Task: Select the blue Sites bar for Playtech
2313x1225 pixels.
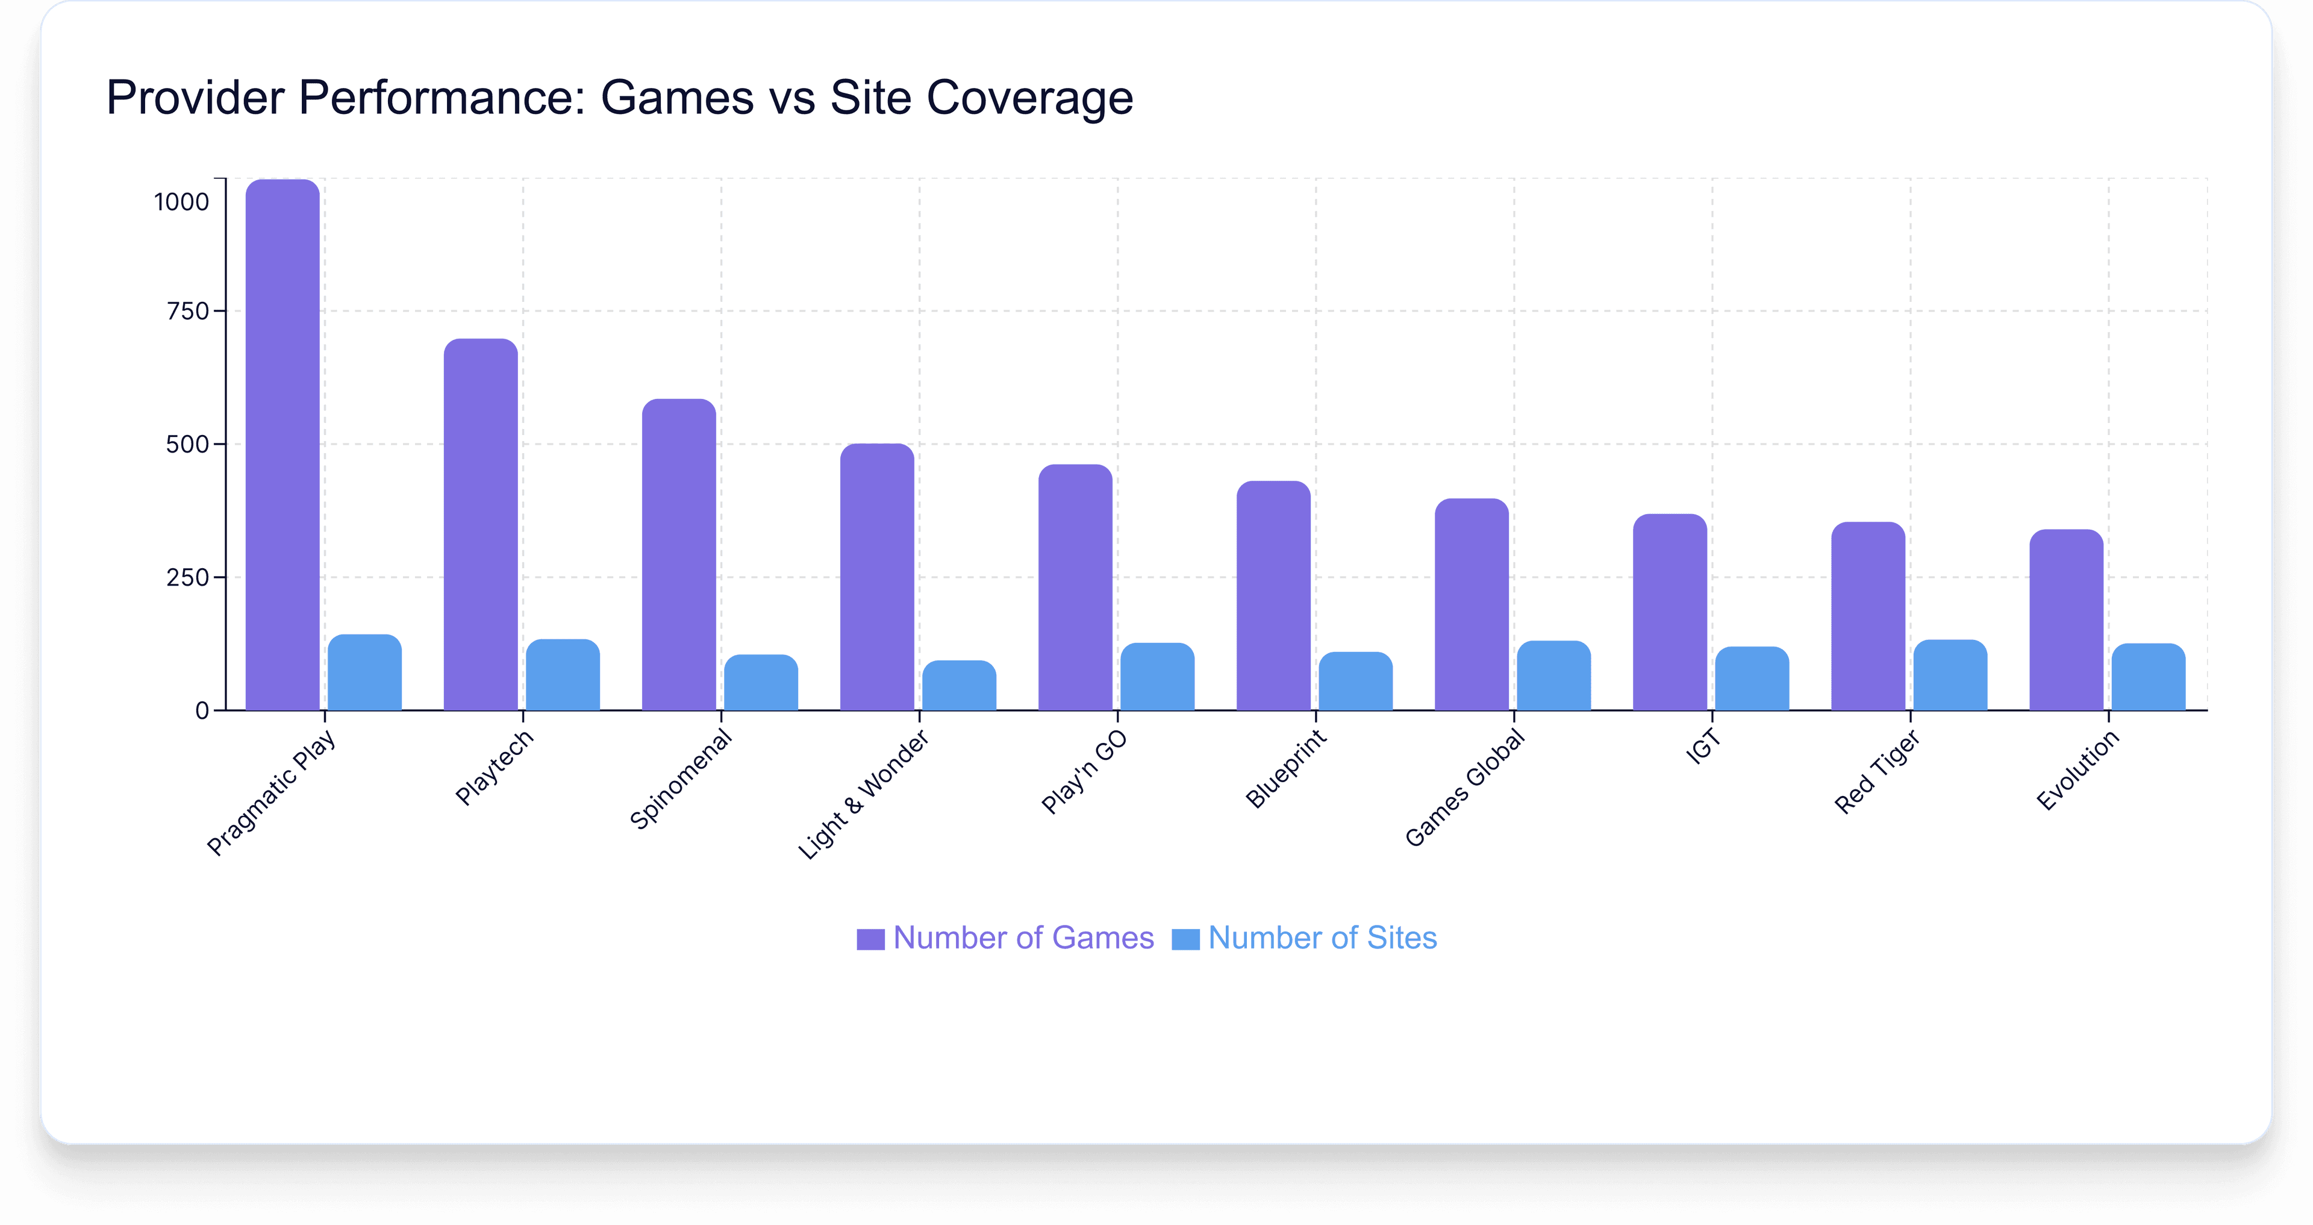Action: [x=563, y=675]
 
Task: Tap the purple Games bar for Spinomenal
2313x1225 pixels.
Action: [x=679, y=555]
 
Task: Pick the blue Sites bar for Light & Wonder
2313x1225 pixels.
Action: [x=959, y=686]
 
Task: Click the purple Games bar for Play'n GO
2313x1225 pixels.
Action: [x=1075, y=587]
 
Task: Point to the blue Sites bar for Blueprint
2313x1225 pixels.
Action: [x=1355, y=681]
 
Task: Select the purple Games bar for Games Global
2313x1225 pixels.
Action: [x=1471, y=604]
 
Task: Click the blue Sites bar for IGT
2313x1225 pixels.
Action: [x=1752, y=679]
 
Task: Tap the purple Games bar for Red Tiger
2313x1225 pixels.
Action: [x=1868, y=616]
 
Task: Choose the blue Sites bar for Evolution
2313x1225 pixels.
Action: [x=2148, y=677]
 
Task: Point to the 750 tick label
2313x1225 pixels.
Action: [x=188, y=312]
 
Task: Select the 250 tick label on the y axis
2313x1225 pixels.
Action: [x=188, y=577]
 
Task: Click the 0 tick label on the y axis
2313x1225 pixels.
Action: [x=202, y=711]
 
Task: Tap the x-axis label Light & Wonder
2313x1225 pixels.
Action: [x=864, y=795]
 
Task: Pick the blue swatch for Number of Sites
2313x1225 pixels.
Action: [x=1185, y=939]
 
